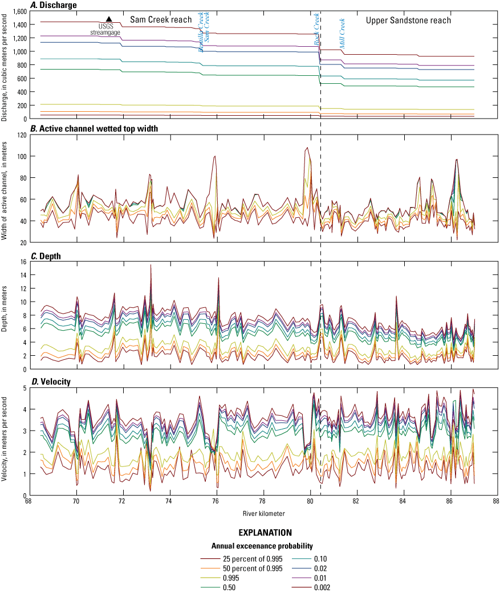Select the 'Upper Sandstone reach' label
pyautogui.click(x=408, y=21)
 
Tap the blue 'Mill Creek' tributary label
pyautogui.click(x=342, y=33)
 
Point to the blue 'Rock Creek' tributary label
pyautogui.click(x=316, y=32)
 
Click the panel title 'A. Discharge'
pyautogui.click(x=54, y=5)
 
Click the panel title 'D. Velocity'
pyautogui.click(x=51, y=381)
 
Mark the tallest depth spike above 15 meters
pyautogui.click(x=151, y=266)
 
